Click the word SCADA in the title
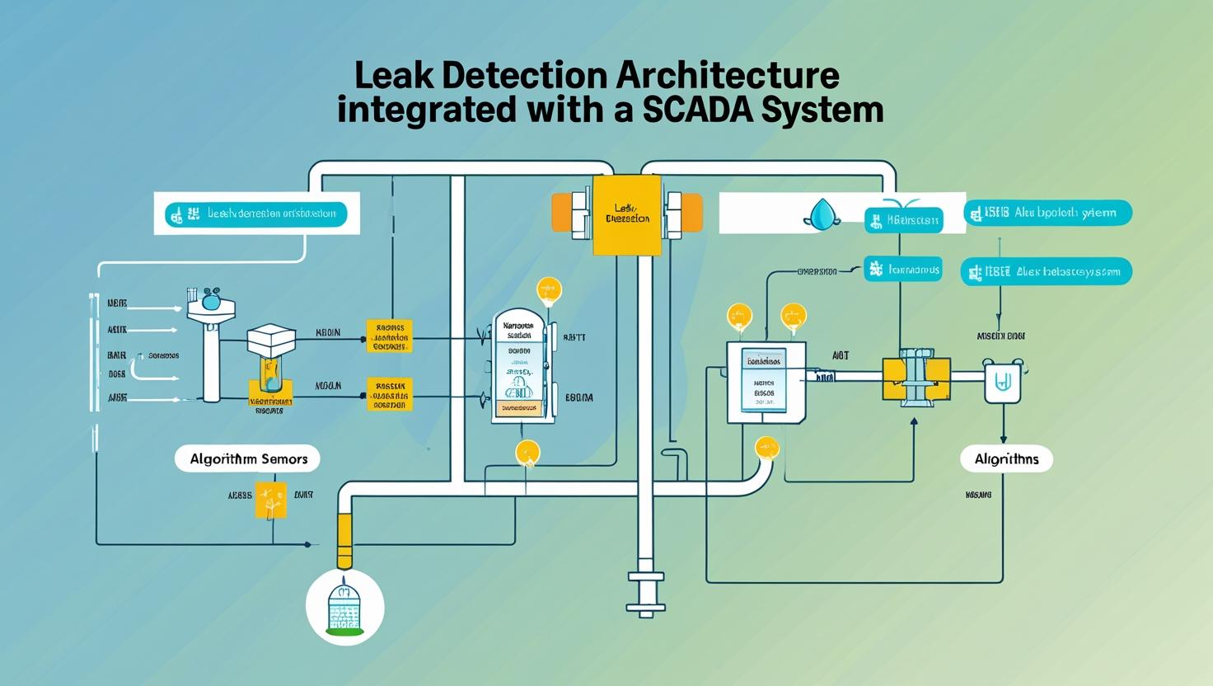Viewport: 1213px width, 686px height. tap(697, 110)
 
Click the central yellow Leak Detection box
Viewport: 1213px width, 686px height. tap(627, 214)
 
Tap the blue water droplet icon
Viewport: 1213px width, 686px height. tap(822, 214)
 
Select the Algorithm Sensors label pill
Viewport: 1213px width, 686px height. tap(248, 459)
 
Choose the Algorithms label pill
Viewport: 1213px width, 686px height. tap(1006, 459)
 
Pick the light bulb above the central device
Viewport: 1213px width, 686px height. tap(549, 291)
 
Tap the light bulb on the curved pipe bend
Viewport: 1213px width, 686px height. tap(766, 449)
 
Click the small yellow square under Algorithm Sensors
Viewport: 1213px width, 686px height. tap(271, 500)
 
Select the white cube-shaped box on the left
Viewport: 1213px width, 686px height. tap(271, 337)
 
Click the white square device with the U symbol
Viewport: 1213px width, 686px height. tap(1003, 381)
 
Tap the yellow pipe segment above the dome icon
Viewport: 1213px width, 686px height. tap(344, 539)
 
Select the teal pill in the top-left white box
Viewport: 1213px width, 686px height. tap(255, 214)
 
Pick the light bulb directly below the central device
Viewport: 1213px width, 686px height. tap(527, 453)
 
